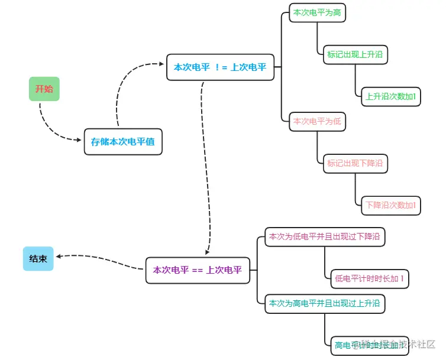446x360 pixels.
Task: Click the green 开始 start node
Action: pyautogui.click(x=44, y=89)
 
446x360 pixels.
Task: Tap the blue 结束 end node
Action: pyautogui.click(x=38, y=258)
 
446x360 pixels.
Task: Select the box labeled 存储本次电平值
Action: pyautogui.click(x=123, y=142)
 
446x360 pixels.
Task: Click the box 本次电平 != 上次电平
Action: pyautogui.click(x=220, y=67)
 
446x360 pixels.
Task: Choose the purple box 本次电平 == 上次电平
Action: pyautogui.click(x=198, y=270)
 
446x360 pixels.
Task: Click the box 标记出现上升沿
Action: pyautogui.click(x=355, y=55)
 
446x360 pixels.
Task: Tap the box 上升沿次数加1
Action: pyautogui.click(x=390, y=96)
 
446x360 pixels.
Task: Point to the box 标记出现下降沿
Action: pyautogui.click(x=355, y=163)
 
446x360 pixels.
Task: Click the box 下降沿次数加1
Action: pyautogui.click(x=390, y=205)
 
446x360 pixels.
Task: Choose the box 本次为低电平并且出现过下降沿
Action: pyautogui.click(x=324, y=236)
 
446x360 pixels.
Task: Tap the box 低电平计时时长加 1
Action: pyautogui.click(x=370, y=278)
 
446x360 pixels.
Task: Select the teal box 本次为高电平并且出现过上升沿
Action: pyautogui.click(x=324, y=303)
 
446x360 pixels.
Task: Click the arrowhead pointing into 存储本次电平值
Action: pyautogui.click(x=79, y=140)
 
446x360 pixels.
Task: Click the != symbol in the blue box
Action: pyautogui.click(x=220, y=67)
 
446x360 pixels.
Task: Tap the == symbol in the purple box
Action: pyautogui.click(x=198, y=270)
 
